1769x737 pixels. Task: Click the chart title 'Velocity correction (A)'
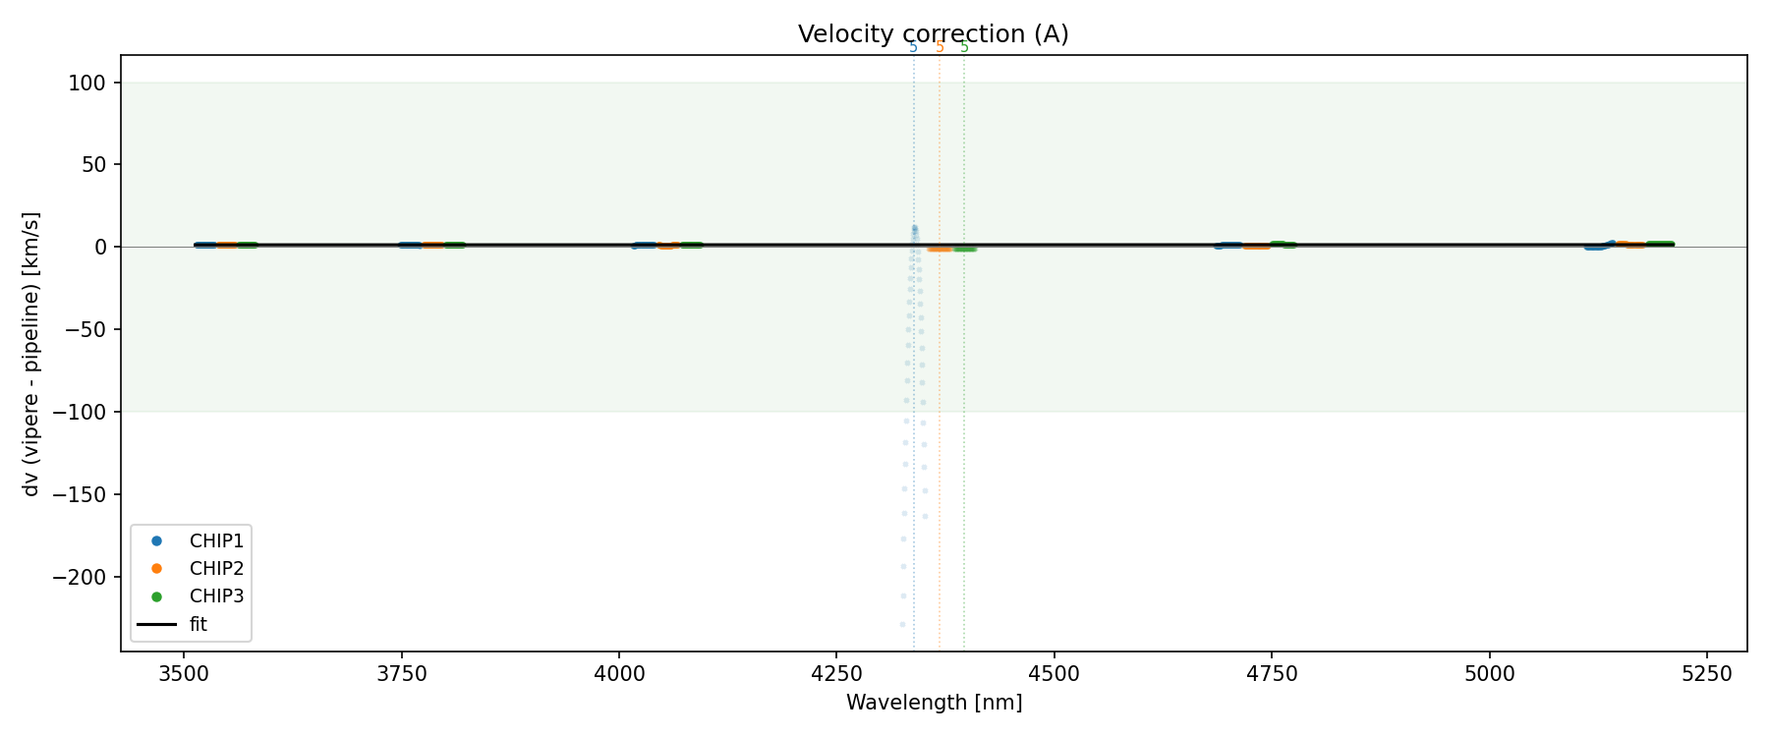click(933, 34)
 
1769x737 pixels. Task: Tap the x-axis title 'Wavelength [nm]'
click(934, 703)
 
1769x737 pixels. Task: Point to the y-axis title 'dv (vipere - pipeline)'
click(31, 354)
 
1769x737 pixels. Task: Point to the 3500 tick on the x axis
click(183, 673)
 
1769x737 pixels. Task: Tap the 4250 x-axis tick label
click(835, 673)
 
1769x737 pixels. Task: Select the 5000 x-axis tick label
click(1489, 673)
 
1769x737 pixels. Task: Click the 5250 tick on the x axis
click(1706, 673)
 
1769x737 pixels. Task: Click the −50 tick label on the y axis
click(86, 329)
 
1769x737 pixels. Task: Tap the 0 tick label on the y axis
click(101, 247)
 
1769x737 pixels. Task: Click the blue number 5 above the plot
click(913, 47)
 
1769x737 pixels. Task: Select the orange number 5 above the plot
click(940, 47)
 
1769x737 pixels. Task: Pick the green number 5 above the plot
click(964, 47)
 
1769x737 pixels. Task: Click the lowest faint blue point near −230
click(902, 624)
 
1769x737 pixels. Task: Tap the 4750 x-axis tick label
click(1272, 673)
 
